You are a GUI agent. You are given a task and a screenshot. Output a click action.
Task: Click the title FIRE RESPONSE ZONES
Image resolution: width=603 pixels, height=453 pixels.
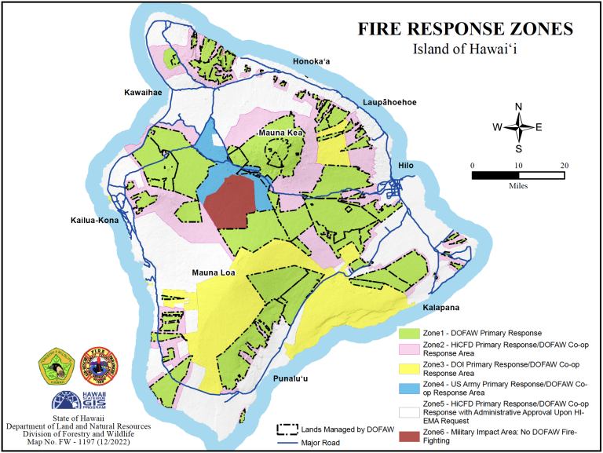point(466,29)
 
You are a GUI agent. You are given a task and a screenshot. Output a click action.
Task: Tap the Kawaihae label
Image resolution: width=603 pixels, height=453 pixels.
point(143,93)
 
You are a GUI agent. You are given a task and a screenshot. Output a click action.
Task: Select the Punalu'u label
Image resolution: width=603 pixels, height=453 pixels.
point(296,379)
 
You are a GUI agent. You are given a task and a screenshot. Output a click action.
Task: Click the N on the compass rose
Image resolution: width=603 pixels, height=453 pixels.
point(518,107)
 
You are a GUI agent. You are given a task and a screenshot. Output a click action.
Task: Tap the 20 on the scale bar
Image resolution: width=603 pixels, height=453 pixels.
point(563,166)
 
